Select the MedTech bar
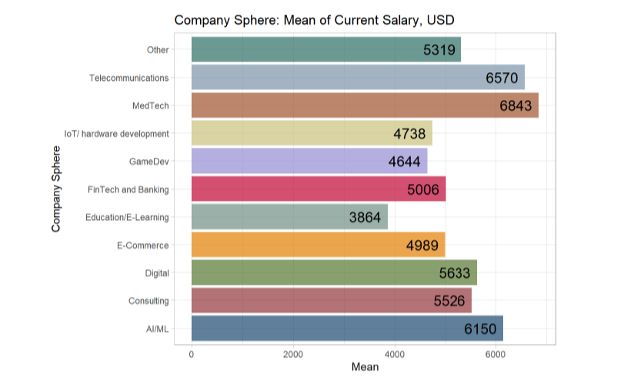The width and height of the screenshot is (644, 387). point(364,105)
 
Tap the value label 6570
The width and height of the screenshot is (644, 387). point(502,78)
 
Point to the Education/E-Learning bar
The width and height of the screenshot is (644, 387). point(289,217)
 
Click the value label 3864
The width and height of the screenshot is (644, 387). point(365,217)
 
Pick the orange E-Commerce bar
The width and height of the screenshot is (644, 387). point(318,245)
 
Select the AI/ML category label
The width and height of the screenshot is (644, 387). point(157,329)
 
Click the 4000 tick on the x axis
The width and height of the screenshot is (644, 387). point(394,354)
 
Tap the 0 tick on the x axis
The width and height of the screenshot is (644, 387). point(191,354)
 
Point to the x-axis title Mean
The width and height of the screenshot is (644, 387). point(365,368)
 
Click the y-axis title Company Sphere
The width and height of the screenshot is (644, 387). point(55,189)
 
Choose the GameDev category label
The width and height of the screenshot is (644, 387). point(150,162)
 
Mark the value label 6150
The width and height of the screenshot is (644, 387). point(480,329)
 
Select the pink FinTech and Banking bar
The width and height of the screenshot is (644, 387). point(318,189)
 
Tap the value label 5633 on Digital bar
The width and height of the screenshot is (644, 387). point(455,273)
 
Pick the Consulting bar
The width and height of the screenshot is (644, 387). point(331,301)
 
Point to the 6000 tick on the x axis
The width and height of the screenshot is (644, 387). point(495,354)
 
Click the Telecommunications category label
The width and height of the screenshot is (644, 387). point(128,78)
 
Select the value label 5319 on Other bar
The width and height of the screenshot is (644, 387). point(439,50)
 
